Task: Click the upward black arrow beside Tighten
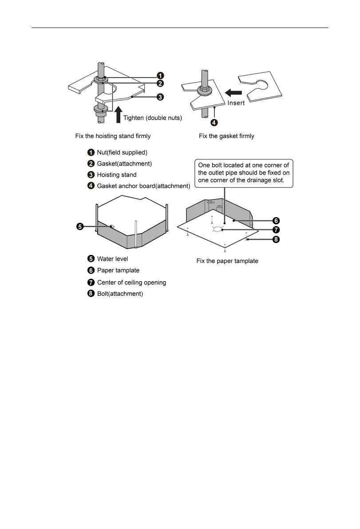pyautogui.click(x=119, y=114)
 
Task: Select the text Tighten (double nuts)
pyautogui.click(x=153, y=118)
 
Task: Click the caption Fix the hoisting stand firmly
pyautogui.click(x=113, y=136)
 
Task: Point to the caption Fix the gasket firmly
pyautogui.click(x=226, y=136)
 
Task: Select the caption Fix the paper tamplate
pyautogui.click(x=227, y=261)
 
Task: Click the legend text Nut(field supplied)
pyautogui.click(x=122, y=153)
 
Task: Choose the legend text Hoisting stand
pyautogui.click(x=117, y=175)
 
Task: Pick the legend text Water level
pyautogui.click(x=113, y=259)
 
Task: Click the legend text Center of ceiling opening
pyautogui.click(x=131, y=282)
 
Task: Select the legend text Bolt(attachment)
pyautogui.click(x=120, y=294)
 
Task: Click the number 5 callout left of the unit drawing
pyautogui.click(x=79, y=227)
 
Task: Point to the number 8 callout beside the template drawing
pyautogui.click(x=276, y=239)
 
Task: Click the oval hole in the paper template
pyautogui.click(x=218, y=229)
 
